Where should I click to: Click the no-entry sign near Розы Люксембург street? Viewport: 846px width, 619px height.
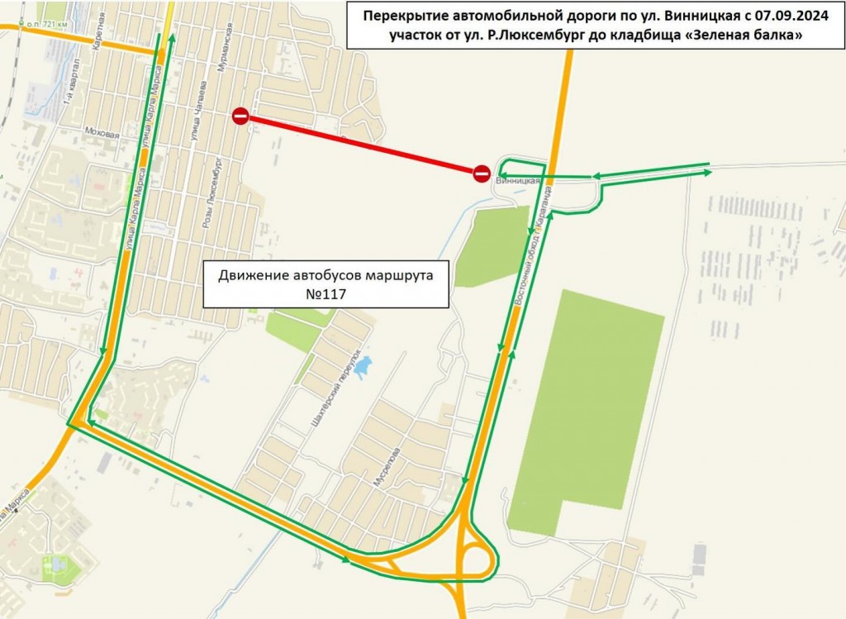240,116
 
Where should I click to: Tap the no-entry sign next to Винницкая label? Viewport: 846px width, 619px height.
482,173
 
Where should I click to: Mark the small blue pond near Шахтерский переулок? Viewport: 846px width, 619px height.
362,366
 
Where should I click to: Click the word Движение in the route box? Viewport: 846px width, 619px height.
251,274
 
